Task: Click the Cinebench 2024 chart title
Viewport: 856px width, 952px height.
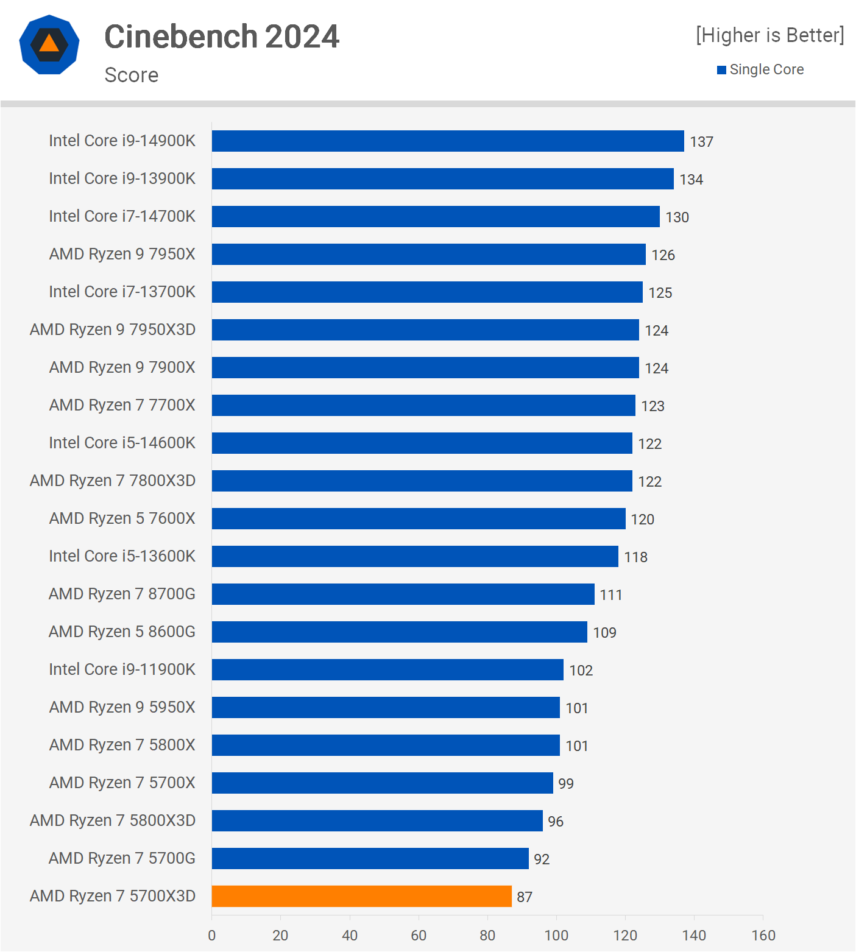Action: click(222, 37)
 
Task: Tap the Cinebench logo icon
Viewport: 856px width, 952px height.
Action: click(49, 44)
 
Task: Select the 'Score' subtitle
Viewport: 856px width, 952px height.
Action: click(132, 75)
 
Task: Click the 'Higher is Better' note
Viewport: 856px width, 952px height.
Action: click(769, 35)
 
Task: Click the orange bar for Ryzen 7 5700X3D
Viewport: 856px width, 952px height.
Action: click(361, 896)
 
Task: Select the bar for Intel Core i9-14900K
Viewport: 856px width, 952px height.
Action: click(448, 141)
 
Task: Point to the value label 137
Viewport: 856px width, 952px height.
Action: click(701, 142)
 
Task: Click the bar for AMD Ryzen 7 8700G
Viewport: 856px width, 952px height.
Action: click(403, 594)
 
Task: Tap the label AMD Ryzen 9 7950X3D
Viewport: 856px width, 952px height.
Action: click(113, 330)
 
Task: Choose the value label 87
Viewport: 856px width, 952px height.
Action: click(525, 897)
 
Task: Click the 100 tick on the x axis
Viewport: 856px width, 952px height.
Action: click(556, 936)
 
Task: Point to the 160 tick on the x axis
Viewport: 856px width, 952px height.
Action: click(763, 936)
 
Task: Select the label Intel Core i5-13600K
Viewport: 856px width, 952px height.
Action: click(122, 556)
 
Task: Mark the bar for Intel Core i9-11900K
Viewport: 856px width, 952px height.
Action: click(387, 669)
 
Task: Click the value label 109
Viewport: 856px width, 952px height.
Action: click(605, 633)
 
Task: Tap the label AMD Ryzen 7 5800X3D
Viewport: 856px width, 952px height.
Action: click(113, 820)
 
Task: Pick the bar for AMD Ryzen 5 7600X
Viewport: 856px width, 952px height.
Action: click(419, 518)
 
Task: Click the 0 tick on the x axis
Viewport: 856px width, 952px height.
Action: click(211, 936)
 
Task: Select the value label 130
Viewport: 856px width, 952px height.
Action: click(677, 217)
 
